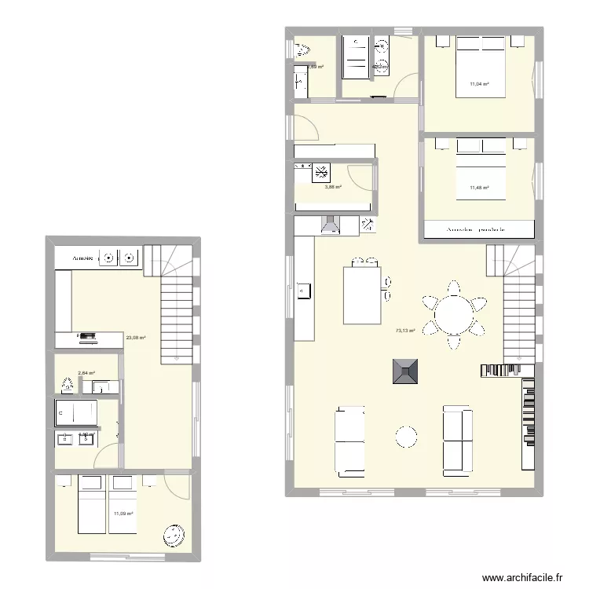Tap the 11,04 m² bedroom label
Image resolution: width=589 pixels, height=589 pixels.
[479, 84]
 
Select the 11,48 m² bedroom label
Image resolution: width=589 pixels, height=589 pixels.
[479, 188]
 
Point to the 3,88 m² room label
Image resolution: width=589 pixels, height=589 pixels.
[334, 187]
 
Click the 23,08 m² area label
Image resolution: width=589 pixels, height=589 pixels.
[136, 338]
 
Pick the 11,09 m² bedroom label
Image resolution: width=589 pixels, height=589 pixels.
[123, 514]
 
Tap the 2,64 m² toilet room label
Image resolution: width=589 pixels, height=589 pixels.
[86, 374]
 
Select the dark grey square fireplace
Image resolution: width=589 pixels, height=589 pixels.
[406, 370]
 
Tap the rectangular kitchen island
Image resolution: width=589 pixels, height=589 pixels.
[362, 294]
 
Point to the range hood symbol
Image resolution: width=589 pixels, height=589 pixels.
[331, 225]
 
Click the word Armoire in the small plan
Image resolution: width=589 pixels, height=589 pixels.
[82, 258]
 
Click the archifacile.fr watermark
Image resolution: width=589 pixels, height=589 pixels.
[522, 577]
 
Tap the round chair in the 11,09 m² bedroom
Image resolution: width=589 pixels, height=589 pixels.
[173, 535]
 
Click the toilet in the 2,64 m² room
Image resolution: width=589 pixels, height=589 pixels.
[68, 385]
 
